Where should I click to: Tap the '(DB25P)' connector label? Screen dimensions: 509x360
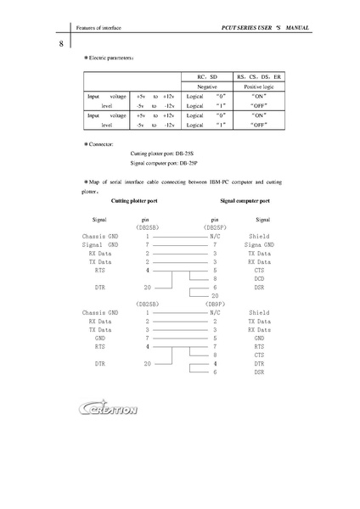pos(215,228)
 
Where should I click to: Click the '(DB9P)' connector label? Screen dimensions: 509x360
pos(215,304)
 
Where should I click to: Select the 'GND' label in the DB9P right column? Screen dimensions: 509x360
pos(259,338)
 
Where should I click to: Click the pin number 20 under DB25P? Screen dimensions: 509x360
pos(215,296)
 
